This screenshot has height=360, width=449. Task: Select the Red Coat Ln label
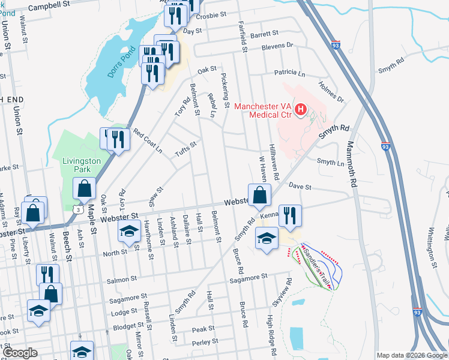click(x=148, y=140)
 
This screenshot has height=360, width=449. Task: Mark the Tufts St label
click(x=185, y=148)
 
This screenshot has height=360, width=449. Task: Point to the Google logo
click(x=19, y=353)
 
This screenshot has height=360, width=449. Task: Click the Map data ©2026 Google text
click(x=412, y=355)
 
